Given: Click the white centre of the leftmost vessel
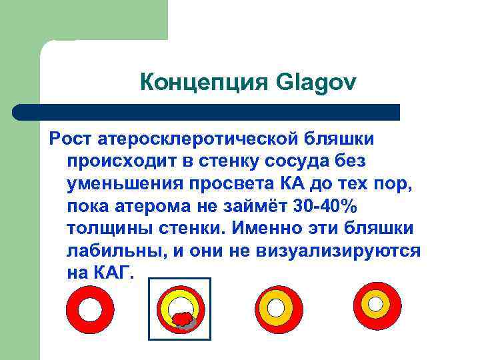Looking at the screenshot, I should (x=90, y=308).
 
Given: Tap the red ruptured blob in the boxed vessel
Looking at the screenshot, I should (x=181, y=319).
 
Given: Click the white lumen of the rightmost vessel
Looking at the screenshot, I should (x=377, y=303).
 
